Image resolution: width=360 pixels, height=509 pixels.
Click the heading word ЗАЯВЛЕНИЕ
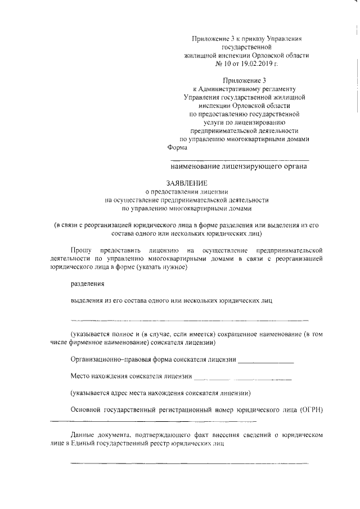point(187,183)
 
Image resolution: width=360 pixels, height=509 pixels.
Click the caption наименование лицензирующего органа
point(238,166)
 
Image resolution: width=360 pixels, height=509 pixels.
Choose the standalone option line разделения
point(87,284)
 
